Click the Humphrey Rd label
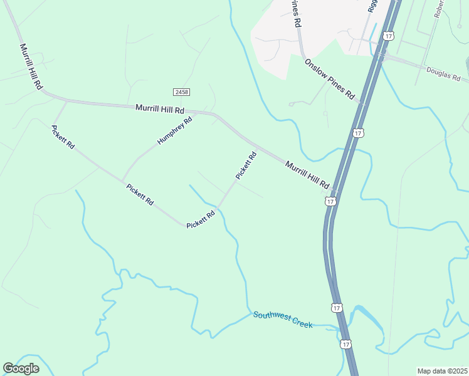click(x=174, y=130)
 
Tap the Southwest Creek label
click(x=283, y=319)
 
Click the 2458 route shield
click(x=182, y=92)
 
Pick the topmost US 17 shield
click(x=389, y=36)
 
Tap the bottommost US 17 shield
click(x=346, y=344)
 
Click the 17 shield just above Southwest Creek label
click(x=337, y=308)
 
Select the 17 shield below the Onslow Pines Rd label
click(x=358, y=133)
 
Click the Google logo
click(x=21, y=368)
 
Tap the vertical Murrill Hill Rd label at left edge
click(x=31, y=66)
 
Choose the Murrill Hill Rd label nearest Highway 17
click(x=307, y=175)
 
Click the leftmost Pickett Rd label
click(x=63, y=137)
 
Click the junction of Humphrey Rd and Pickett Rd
click(x=123, y=180)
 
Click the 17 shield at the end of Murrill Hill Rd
click(x=330, y=201)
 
